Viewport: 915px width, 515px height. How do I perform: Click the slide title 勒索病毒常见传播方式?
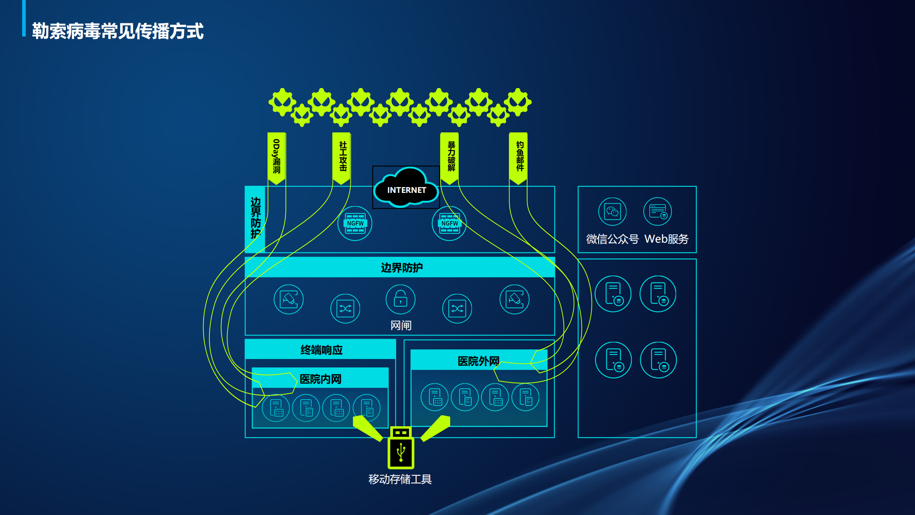click(118, 31)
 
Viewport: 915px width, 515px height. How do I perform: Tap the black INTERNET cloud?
click(406, 189)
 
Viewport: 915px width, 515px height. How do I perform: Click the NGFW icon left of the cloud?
click(355, 223)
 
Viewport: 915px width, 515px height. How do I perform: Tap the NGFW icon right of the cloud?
click(449, 223)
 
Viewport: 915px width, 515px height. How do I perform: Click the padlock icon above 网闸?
click(400, 299)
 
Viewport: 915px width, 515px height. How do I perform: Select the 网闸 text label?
click(401, 325)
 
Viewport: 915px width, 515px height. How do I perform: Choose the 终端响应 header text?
click(321, 350)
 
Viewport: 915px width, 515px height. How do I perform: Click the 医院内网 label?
click(320, 379)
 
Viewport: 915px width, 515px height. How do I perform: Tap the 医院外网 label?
click(478, 361)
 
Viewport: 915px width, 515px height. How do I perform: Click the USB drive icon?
click(401, 449)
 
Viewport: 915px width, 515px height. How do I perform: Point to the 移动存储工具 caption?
click(400, 479)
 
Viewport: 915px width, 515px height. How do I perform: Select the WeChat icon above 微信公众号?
click(612, 212)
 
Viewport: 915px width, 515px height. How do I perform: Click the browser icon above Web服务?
click(658, 212)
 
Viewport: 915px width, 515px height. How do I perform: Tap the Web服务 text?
click(666, 239)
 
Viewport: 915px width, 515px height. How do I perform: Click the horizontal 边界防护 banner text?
click(402, 267)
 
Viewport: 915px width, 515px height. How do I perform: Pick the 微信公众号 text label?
click(612, 239)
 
